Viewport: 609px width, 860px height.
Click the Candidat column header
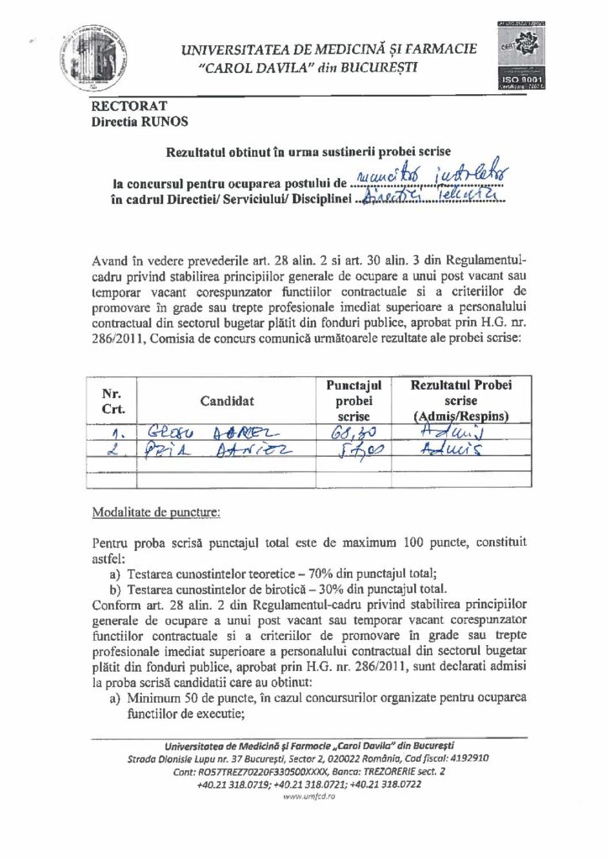coord(227,401)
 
